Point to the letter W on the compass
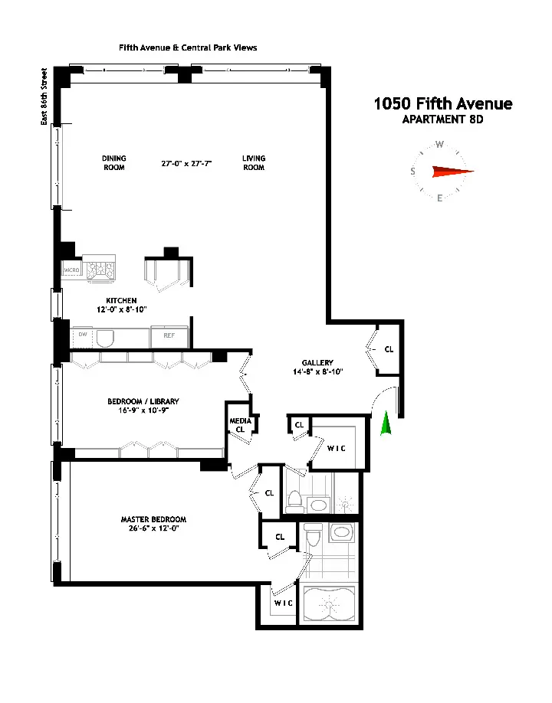tap(440, 144)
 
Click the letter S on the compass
tap(414, 172)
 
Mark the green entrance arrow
tap(386, 424)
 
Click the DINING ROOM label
tap(113, 163)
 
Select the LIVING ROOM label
tap(254, 163)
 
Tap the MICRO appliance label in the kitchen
tap(71, 270)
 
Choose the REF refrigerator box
tap(169, 335)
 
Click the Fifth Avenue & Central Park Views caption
tap(188, 47)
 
